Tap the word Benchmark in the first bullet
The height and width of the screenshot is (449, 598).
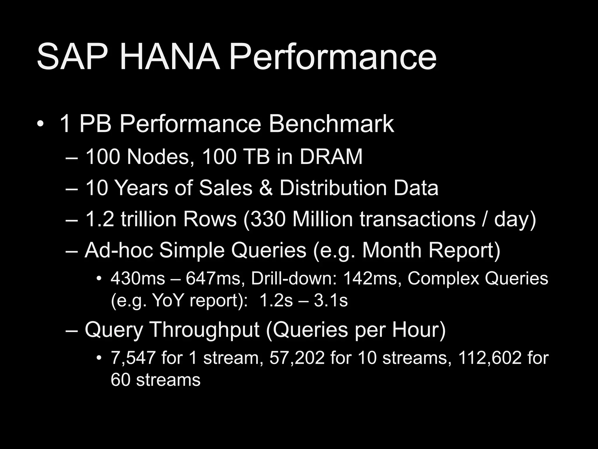click(331, 124)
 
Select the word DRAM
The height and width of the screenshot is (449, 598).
click(331, 157)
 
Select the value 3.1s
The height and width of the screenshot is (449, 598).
click(331, 300)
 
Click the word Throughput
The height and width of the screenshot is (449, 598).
click(204, 329)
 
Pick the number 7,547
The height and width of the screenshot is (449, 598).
click(133, 358)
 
